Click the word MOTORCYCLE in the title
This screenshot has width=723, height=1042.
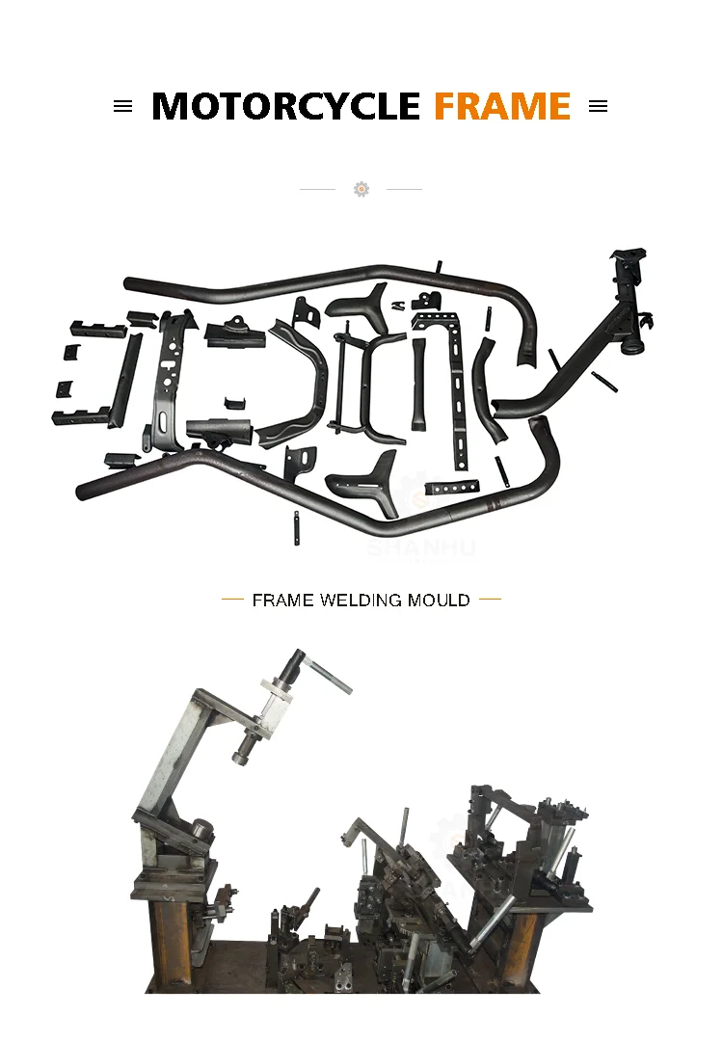coord(285,106)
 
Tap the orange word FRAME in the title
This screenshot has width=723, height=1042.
coord(502,106)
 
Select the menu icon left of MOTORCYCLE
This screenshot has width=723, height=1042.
coord(122,107)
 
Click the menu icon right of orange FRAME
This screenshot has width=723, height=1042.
coord(599,107)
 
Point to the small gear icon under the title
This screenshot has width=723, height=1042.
coord(361,189)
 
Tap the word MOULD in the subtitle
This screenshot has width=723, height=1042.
coord(439,601)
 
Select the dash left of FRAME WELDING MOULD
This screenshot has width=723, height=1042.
coord(232,600)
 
